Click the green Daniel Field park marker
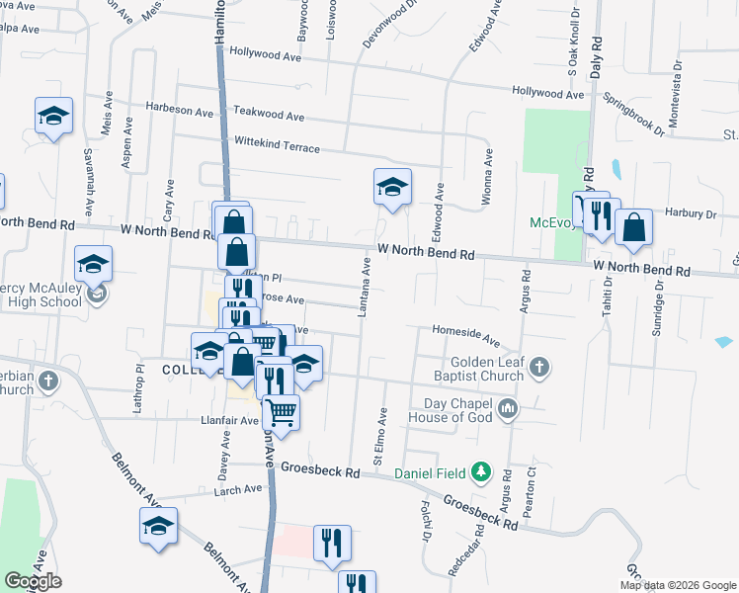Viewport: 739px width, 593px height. [481, 473]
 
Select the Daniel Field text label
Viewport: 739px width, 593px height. [430, 474]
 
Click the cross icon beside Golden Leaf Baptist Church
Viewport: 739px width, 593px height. [538, 369]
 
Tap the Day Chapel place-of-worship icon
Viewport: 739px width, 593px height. [508, 408]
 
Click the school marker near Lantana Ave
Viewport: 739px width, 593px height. [392, 188]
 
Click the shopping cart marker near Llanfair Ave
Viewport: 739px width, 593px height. [281, 411]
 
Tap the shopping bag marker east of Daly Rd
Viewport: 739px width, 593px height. [633, 226]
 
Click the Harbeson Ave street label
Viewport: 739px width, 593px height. [180, 107]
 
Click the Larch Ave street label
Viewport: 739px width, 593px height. [239, 489]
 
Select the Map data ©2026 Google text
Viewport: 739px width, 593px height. [677, 585]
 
